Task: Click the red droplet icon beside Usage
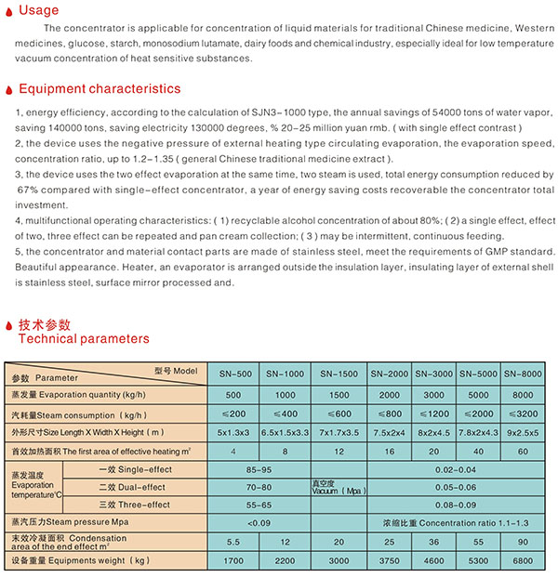pos(8,11)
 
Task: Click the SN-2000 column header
pos(390,374)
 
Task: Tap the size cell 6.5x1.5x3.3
pos(286,432)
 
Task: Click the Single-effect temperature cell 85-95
pos(259,470)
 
